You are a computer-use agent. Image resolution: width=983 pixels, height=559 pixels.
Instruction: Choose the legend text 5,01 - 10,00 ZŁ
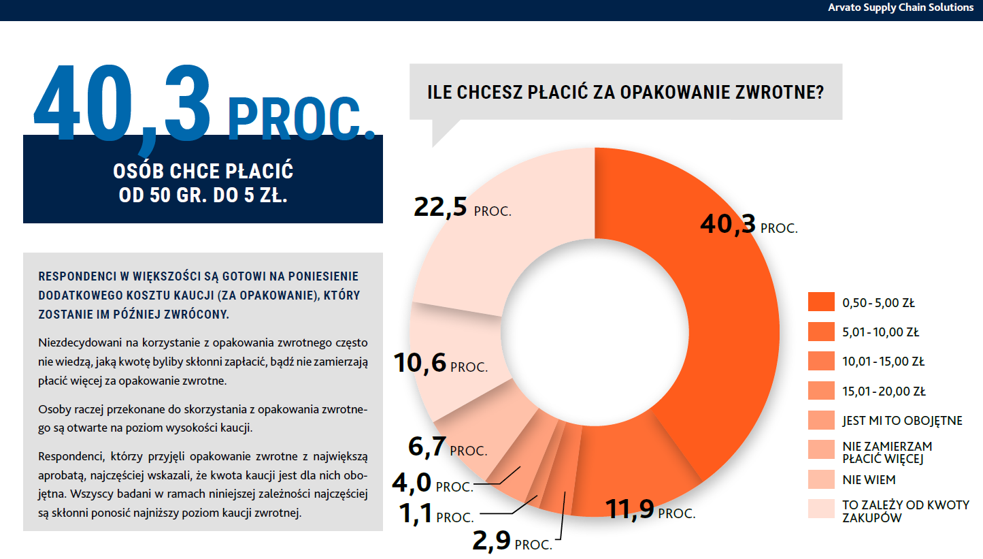click(880, 333)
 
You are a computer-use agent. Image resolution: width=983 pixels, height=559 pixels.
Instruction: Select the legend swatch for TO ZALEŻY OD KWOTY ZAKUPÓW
click(820, 509)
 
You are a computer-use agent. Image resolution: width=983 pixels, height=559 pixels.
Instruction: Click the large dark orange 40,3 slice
click(714, 327)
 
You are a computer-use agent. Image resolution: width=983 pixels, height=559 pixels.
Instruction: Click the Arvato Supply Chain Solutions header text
click(901, 8)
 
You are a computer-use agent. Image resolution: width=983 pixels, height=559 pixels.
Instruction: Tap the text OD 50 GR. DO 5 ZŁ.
click(203, 195)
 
